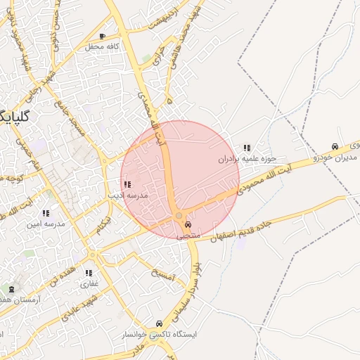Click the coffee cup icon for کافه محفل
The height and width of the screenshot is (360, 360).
[103, 36]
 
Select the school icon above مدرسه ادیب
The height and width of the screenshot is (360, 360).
[127, 184]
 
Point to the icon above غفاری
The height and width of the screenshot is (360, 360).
[89, 273]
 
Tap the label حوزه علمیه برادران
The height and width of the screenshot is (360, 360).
[247, 160]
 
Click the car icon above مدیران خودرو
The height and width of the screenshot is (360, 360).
[335, 146]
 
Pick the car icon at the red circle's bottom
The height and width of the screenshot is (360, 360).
[187, 225]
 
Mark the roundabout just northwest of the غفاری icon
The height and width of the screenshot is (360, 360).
[92, 255]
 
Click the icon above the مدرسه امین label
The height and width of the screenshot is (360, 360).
[46, 212]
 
